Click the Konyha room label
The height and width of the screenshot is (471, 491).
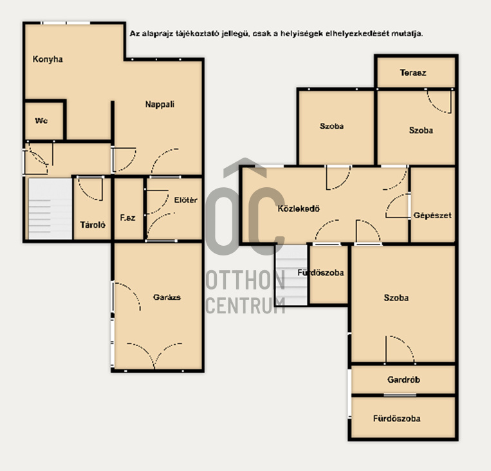48,59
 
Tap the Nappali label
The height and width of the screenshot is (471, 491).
160,105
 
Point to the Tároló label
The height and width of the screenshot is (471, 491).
93,225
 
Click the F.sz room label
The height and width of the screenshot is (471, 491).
128,217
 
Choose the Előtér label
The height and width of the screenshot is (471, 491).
186,200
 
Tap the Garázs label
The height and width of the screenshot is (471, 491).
167,297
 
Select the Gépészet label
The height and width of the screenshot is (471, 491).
432,216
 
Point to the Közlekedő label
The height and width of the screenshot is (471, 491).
299,208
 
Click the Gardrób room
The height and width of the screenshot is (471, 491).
403,380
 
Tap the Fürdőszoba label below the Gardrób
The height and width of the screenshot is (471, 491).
397,418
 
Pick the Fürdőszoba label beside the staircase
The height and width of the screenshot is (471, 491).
320,273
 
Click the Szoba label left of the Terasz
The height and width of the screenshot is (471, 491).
331,126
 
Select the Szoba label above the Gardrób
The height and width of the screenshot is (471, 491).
396,297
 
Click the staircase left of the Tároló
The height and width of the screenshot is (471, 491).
50,209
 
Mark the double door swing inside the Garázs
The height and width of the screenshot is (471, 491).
154,356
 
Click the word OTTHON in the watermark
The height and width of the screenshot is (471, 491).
245,281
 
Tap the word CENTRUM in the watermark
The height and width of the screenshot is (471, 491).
245,306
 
